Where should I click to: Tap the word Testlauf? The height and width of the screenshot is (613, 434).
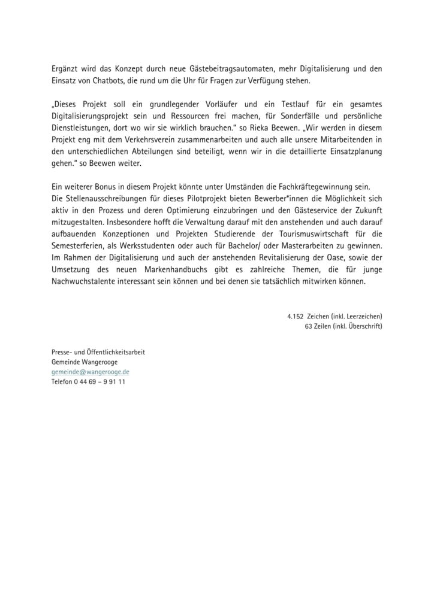281,105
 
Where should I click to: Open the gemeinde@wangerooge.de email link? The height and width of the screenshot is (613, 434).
91,371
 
